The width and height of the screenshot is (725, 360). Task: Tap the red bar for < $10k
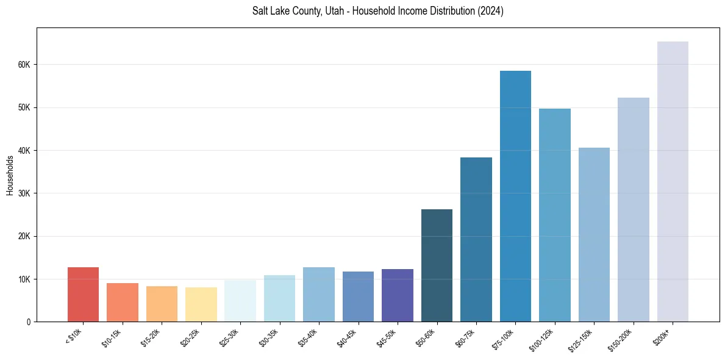click(x=83, y=295)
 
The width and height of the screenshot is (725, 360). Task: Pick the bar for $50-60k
click(x=437, y=265)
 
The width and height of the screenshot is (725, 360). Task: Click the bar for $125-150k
click(x=594, y=235)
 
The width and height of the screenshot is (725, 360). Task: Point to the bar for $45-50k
click(x=398, y=295)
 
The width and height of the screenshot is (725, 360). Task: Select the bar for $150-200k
click(x=634, y=210)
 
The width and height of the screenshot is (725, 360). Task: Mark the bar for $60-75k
click(x=476, y=240)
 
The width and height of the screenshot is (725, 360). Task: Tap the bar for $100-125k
click(x=555, y=215)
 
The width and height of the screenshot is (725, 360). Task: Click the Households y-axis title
click(x=10, y=175)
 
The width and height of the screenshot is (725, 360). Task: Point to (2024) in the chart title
click(x=491, y=11)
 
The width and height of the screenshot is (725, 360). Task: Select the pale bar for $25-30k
click(x=240, y=301)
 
